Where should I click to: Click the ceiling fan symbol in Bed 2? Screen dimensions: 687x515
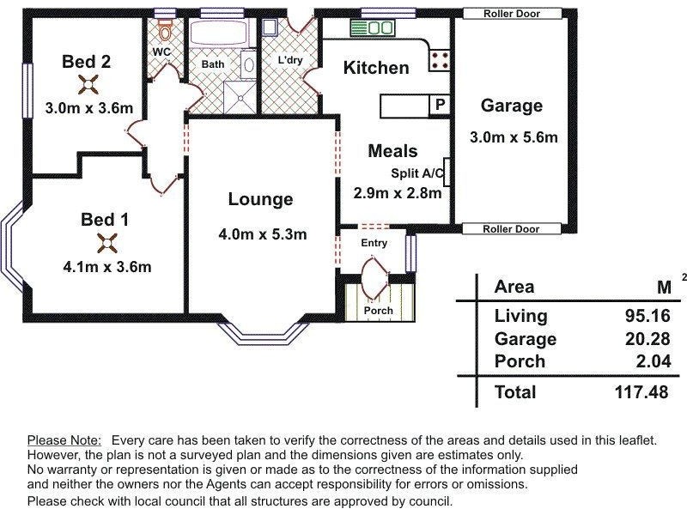(88, 84)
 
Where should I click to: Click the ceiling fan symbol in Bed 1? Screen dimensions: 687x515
(107, 243)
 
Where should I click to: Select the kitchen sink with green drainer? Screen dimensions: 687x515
(373, 28)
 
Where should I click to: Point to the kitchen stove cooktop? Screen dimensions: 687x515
(439, 61)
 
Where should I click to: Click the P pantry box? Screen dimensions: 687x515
(440, 105)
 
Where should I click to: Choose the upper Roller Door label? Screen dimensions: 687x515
(512, 14)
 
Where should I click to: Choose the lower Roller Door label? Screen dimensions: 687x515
(511, 229)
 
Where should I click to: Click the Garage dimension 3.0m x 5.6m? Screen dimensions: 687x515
(514, 137)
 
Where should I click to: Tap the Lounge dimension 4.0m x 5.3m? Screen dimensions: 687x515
(263, 234)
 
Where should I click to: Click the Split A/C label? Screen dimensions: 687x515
(417, 173)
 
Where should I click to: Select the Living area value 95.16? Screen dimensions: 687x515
(647, 316)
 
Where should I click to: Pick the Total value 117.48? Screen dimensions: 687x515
(641, 392)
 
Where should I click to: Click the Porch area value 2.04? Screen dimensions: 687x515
(654, 361)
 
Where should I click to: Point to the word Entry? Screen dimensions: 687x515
(374, 243)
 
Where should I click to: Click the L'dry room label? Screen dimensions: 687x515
(290, 59)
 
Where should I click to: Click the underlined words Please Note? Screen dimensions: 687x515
(64, 440)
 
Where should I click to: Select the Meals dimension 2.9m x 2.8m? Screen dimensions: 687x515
(398, 193)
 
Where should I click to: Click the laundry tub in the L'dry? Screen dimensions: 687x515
(270, 27)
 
